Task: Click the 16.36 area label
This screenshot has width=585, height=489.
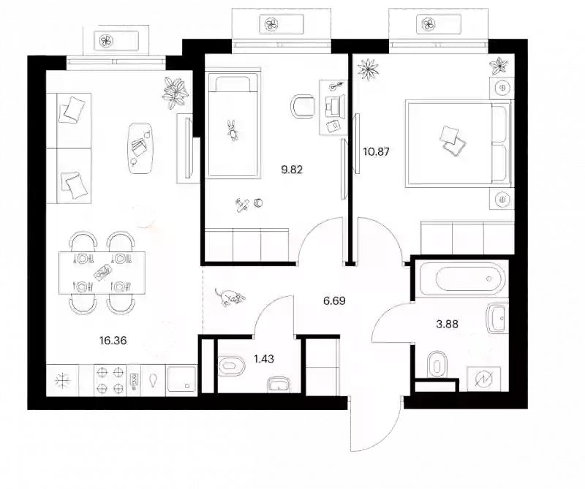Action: (113, 340)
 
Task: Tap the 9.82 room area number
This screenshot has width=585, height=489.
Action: (292, 170)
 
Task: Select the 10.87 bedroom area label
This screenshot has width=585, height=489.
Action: (376, 151)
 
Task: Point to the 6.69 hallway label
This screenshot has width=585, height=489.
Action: (334, 300)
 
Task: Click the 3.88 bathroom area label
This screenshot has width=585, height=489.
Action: (447, 324)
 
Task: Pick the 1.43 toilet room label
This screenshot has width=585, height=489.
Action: (264, 359)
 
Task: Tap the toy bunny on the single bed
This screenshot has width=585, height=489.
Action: (233, 130)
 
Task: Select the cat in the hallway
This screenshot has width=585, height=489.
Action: (230, 297)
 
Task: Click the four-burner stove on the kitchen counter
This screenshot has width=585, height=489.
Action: (110, 380)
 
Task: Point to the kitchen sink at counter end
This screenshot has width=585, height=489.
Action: (181, 379)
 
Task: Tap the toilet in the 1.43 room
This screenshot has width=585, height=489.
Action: (231, 364)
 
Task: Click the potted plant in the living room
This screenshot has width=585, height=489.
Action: (175, 93)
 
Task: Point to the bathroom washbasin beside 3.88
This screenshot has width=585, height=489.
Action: (497, 318)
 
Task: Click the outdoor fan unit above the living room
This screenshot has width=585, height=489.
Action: (106, 41)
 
